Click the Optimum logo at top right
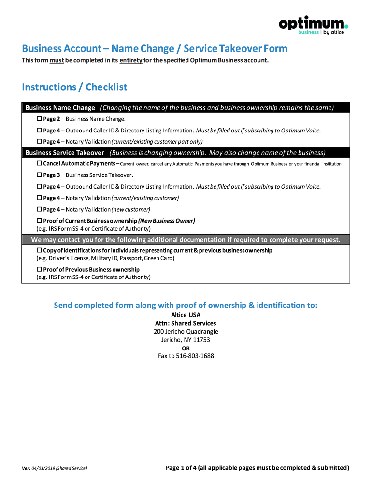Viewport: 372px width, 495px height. pos(313,25)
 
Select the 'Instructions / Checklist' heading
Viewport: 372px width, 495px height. pos(74,87)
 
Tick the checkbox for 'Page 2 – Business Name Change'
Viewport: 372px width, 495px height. pos(40,119)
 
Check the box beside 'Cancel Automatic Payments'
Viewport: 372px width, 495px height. pos(40,164)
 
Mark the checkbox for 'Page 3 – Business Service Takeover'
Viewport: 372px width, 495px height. pos(40,175)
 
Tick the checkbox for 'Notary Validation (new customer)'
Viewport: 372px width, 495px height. pos(40,209)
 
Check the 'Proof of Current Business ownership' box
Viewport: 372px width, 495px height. pos(40,221)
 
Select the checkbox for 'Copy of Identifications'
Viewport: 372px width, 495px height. pos(40,251)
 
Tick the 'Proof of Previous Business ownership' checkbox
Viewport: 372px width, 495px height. pos(40,269)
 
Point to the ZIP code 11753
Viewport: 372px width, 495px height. pos(201,340)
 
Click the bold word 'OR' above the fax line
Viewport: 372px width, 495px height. pos(186,348)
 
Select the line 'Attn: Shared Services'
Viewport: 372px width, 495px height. pos(186,323)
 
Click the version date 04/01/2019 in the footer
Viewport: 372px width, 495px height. pos(43,468)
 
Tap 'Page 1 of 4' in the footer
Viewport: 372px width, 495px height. pos(181,468)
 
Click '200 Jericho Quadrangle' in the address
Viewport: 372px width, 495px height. pos(186,332)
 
